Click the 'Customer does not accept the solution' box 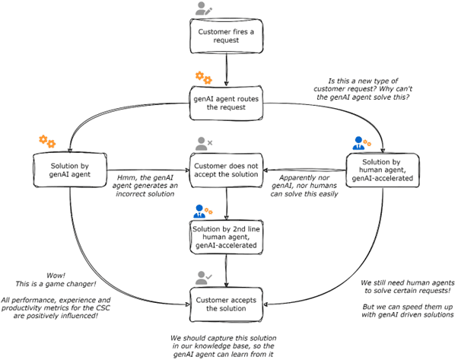coord(227,168)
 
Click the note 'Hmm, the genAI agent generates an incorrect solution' coord(146,182)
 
